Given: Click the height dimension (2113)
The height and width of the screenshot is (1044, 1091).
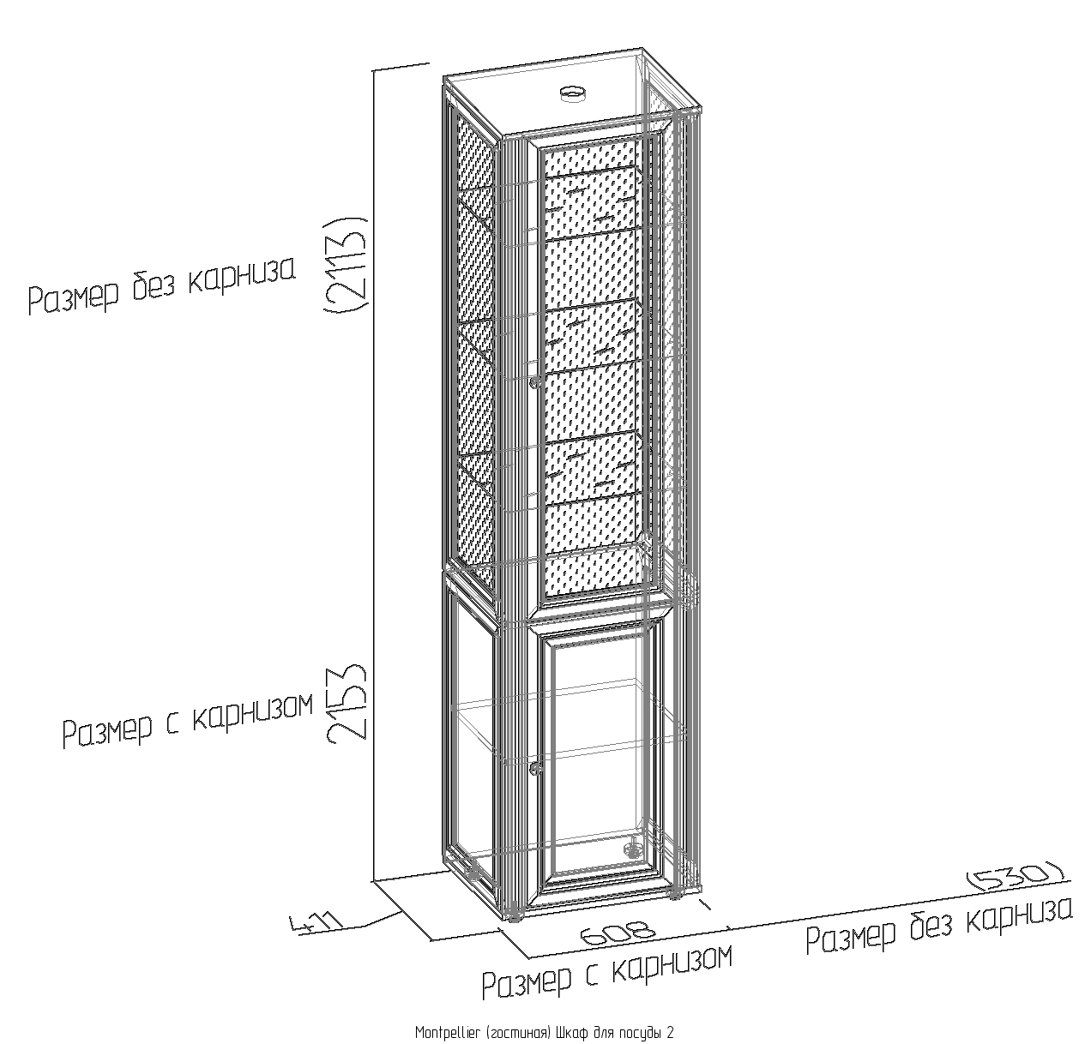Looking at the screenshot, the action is [345, 263].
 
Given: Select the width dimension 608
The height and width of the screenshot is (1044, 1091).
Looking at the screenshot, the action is [618, 933].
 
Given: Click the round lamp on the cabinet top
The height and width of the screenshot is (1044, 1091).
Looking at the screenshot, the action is [572, 93].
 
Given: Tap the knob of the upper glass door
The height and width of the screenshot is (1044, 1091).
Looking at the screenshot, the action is [533, 383].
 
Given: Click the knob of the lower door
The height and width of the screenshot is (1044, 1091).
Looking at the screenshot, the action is [536, 768].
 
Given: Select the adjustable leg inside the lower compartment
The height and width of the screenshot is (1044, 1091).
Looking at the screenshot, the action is [633, 848].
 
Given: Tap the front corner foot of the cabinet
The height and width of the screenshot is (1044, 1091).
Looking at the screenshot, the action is [514, 917].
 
